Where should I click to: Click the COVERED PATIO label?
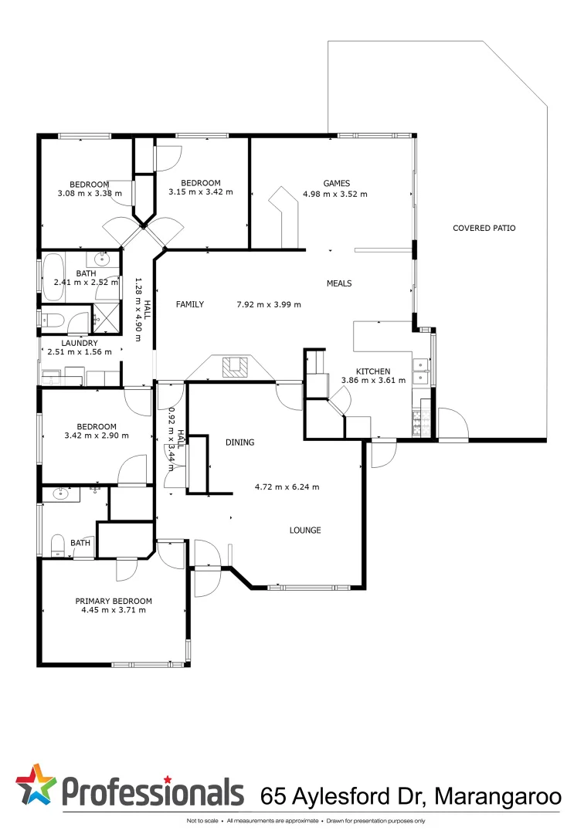(484, 228)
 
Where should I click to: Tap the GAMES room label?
(334, 183)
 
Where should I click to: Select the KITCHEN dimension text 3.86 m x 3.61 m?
(373, 380)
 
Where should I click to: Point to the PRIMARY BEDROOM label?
(113, 601)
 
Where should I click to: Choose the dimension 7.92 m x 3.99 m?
(268, 304)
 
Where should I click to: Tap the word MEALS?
(338, 283)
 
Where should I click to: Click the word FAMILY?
(189, 304)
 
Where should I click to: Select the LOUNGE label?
(305, 531)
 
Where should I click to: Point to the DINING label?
(239, 442)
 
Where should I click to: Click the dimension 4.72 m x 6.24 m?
(287, 487)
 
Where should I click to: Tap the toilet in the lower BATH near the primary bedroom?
(57, 546)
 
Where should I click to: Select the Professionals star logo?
(36, 785)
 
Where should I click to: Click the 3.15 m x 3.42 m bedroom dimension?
(200, 192)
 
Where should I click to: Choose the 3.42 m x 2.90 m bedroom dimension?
(96, 436)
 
